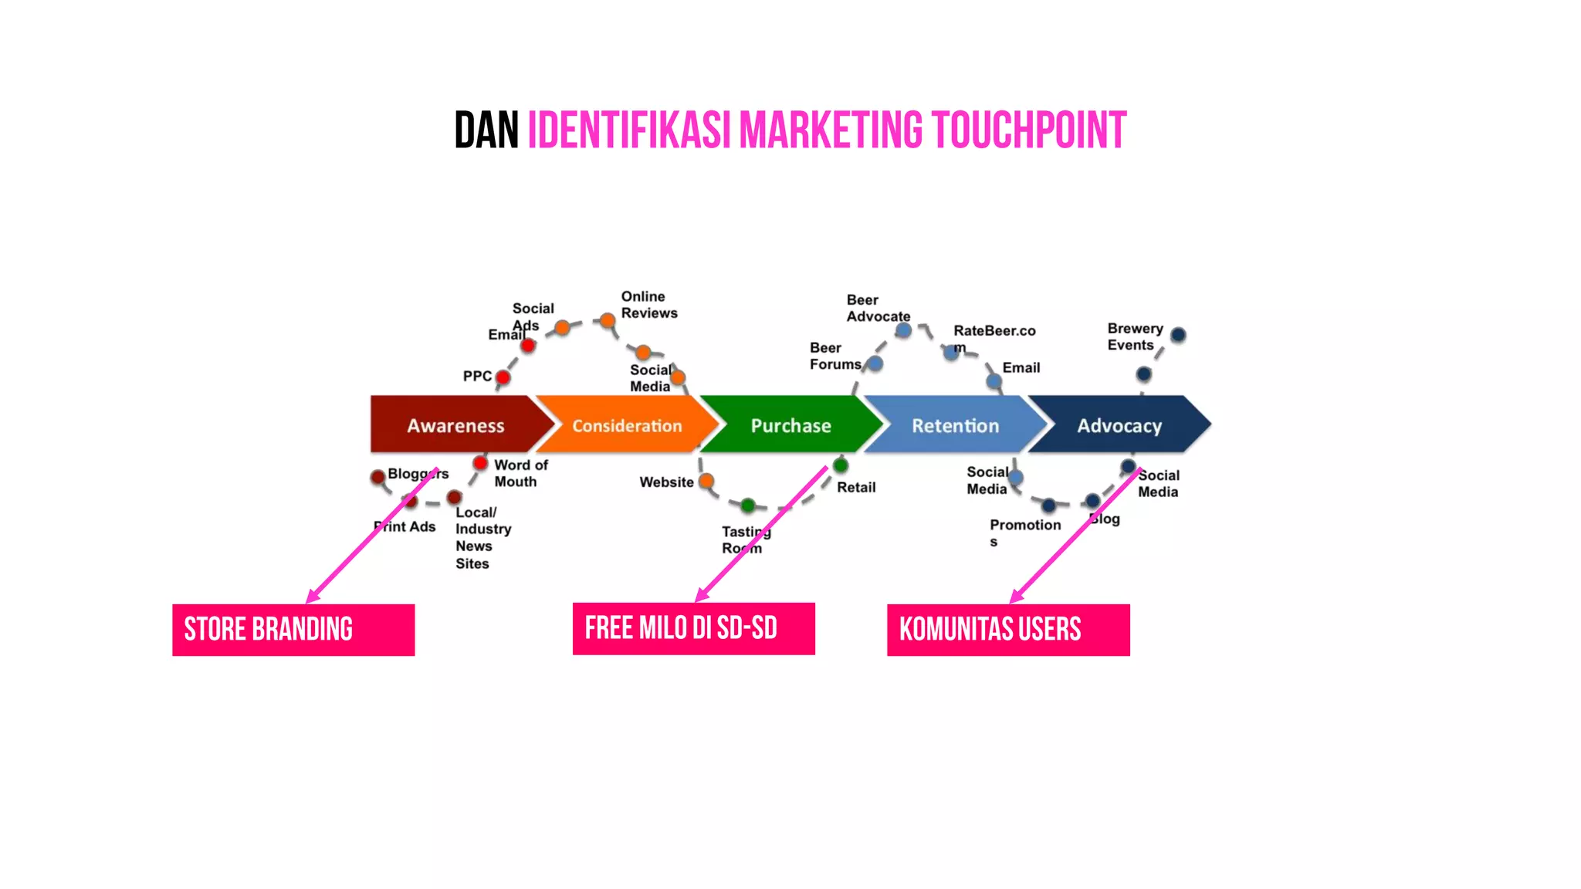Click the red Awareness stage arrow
[x=455, y=425]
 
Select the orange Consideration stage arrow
[x=627, y=425]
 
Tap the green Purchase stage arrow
[x=790, y=425]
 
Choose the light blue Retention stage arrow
[x=955, y=425]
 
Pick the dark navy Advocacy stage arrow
[x=1119, y=425]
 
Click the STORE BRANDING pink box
[x=293, y=630]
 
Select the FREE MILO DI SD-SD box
[x=693, y=628]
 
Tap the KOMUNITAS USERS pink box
[x=1008, y=630]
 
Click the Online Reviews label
[x=649, y=305]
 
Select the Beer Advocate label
[x=878, y=308]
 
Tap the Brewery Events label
[x=1134, y=336]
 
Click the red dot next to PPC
[x=503, y=377]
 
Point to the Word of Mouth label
[x=520, y=473]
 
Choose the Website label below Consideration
[x=666, y=482]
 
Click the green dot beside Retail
[x=841, y=465]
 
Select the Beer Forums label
[x=835, y=356]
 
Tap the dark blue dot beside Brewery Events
[x=1178, y=335]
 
